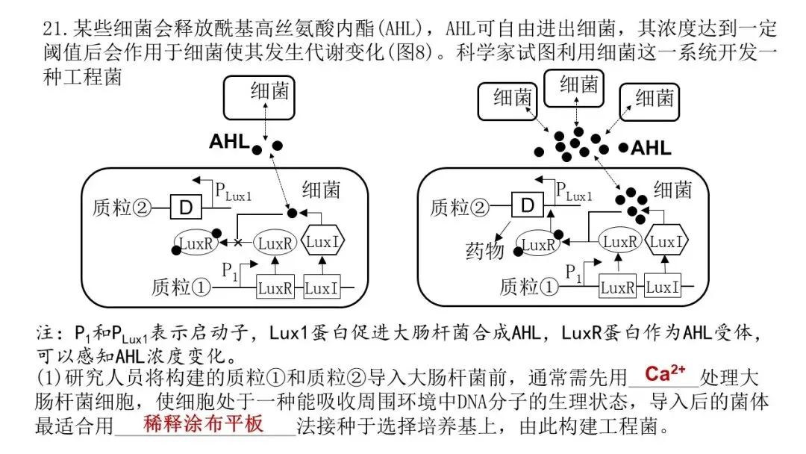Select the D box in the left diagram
[181, 205]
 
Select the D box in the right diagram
[528, 205]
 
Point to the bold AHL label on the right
[651, 148]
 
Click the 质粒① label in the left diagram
[181, 286]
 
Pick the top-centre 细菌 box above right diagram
[578, 86]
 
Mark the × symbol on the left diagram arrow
[239, 243]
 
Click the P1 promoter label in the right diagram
[572, 271]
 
